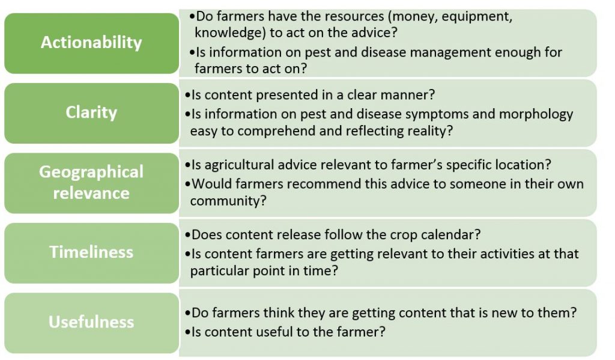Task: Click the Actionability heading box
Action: click(91, 43)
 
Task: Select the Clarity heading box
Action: click(91, 113)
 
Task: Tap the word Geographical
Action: click(91, 172)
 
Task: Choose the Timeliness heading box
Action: click(91, 253)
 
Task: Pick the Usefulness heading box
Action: click(91, 323)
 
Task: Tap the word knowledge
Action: click(227, 32)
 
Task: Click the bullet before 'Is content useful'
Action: click(187, 332)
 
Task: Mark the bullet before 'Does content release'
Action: click(187, 235)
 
